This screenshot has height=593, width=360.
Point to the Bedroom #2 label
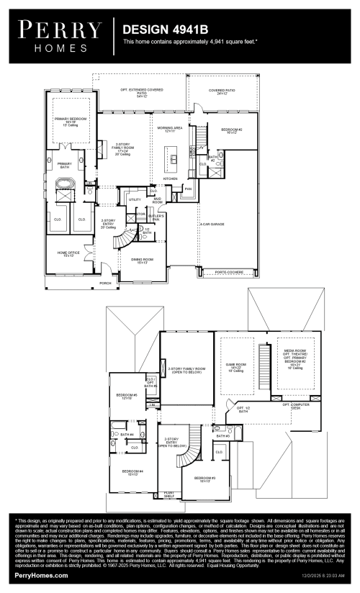(231, 130)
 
